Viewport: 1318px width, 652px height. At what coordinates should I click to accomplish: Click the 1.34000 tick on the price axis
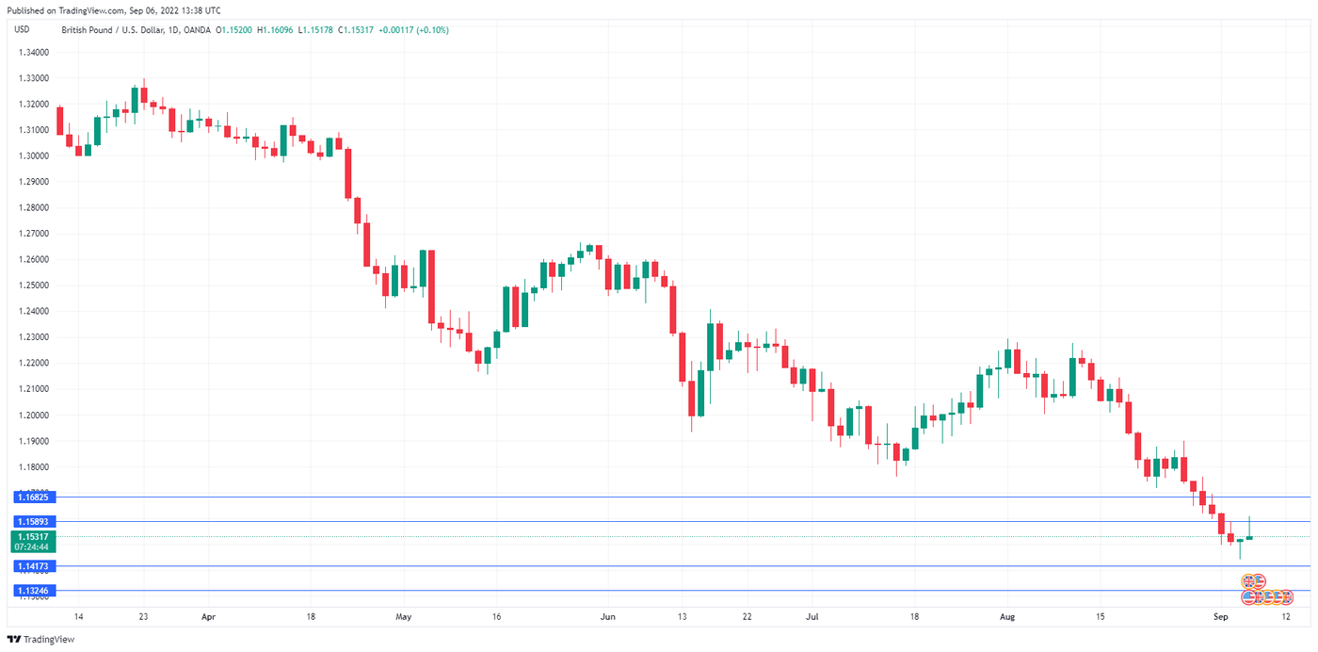pyautogui.click(x=34, y=52)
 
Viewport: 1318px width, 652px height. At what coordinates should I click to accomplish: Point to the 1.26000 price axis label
pyautogui.click(x=34, y=259)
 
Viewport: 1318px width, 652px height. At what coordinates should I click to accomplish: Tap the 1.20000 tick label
pyautogui.click(x=34, y=415)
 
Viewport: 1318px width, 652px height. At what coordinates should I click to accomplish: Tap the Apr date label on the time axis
pyautogui.click(x=209, y=617)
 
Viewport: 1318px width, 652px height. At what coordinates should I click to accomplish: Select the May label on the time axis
pyautogui.click(x=404, y=617)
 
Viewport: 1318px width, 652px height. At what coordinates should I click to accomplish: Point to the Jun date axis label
pyautogui.click(x=608, y=617)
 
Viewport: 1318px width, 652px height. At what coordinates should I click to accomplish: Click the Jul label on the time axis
pyautogui.click(x=812, y=617)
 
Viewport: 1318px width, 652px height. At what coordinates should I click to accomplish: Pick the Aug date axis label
pyautogui.click(x=1007, y=617)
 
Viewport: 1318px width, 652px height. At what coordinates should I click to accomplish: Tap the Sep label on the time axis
pyautogui.click(x=1221, y=617)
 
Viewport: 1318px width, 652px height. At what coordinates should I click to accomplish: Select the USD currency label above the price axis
pyautogui.click(x=22, y=29)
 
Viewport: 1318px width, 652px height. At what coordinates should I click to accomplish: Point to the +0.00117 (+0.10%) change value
pyautogui.click(x=413, y=30)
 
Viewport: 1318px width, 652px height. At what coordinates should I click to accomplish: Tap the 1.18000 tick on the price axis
pyautogui.click(x=34, y=466)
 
